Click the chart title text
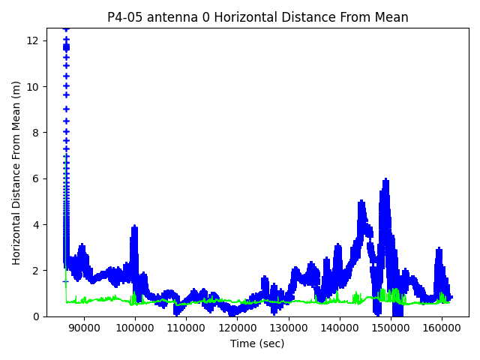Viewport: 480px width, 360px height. click(258, 17)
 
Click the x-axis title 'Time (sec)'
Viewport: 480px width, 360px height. click(258, 343)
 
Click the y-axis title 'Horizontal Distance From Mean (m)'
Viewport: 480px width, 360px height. click(16, 172)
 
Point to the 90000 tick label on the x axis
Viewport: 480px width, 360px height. click(84, 328)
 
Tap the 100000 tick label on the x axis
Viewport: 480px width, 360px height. click(135, 328)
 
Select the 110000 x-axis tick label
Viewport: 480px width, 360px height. click(186, 328)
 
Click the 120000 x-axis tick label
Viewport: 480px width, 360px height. click(237, 328)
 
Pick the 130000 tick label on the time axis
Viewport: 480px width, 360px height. click(289, 328)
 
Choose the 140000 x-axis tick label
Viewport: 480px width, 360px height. click(340, 328)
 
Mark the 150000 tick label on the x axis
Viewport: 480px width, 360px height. click(391, 328)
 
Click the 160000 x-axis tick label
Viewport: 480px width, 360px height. click(442, 328)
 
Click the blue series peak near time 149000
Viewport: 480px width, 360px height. click(386, 180)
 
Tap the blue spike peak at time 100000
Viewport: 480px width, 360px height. click(134, 226)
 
